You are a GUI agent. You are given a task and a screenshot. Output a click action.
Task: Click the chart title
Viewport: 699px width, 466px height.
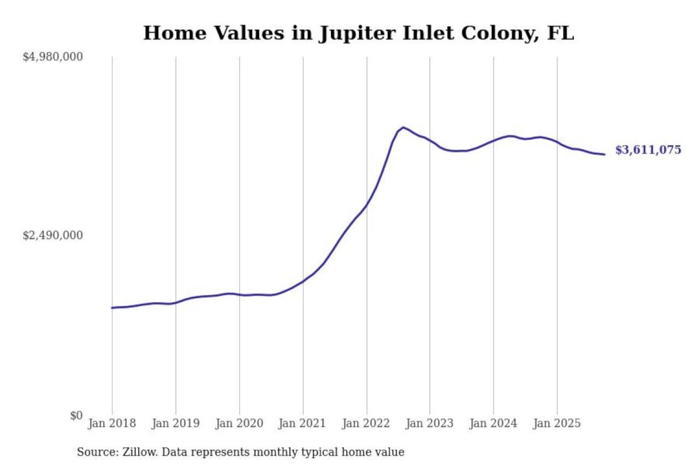point(358,33)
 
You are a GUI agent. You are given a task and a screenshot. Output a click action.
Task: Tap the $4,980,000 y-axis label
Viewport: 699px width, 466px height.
point(53,57)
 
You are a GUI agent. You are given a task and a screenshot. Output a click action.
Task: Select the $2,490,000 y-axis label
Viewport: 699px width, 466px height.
point(53,235)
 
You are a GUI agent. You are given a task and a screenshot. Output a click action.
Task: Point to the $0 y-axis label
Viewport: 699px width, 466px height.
point(76,415)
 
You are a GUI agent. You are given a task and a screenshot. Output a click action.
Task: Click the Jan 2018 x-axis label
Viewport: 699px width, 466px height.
point(112,423)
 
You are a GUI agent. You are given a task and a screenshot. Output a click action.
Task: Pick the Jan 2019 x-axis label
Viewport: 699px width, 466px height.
point(175,423)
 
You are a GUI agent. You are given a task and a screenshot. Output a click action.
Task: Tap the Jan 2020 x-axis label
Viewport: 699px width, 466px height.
point(239,423)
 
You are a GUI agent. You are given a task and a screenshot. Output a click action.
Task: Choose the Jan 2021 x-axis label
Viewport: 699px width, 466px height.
point(302,423)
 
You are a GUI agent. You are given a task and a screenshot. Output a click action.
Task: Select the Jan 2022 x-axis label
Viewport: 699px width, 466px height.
point(366,423)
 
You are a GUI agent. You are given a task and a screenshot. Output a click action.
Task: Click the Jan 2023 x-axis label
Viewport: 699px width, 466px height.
point(429,423)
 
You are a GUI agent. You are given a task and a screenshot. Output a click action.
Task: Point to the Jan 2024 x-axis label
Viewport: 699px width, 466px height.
point(493,423)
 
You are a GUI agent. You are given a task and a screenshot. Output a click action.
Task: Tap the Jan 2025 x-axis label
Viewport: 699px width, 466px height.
point(556,423)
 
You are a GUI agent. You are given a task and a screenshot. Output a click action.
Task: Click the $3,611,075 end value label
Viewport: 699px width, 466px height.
point(648,150)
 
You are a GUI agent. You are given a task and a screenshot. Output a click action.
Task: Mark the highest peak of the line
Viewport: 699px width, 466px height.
point(403,128)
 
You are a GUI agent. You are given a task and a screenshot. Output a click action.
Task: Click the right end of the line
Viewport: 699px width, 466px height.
point(604,154)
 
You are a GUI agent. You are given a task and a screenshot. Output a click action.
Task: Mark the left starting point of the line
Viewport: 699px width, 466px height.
point(112,308)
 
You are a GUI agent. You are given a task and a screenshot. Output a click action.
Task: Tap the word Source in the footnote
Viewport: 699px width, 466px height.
point(97,452)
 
